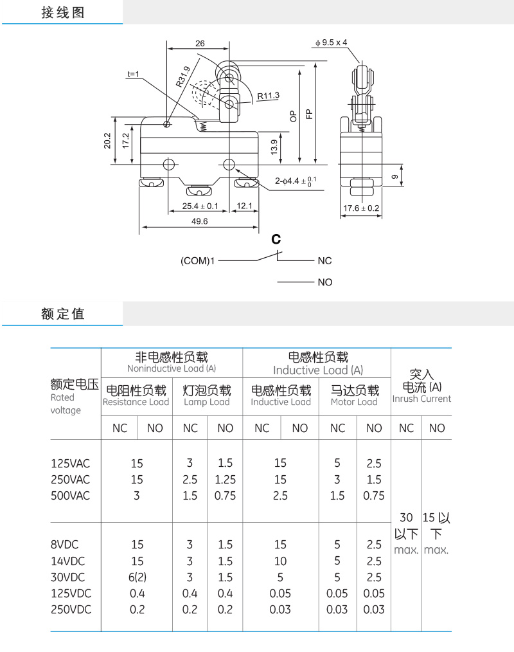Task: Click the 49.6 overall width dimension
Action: tap(199, 221)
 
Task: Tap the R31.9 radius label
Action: tap(183, 77)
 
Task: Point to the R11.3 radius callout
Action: tap(268, 96)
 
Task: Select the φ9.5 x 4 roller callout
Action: tap(331, 42)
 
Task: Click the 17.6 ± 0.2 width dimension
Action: tap(361, 208)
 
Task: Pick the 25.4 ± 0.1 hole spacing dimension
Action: tap(200, 206)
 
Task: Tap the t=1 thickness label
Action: tap(134, 74)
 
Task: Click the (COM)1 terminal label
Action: tap(197, 260)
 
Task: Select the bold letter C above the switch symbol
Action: tap(276, 239)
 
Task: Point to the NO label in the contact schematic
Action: tap(325, 282)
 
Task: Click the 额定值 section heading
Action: tap(63, 314)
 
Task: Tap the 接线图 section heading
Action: tap(63, 12)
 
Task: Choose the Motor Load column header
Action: tap(354, 402)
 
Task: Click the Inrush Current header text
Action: tap(421, 399)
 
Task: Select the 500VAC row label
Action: tap(70, 496)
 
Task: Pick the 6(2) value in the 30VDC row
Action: tap(137, 577)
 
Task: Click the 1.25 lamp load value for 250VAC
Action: tap(226, 480)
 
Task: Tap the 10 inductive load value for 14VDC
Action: tap(281, 561)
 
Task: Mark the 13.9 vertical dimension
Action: tap(274, 147)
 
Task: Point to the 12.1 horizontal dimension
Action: tap(244, 206)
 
